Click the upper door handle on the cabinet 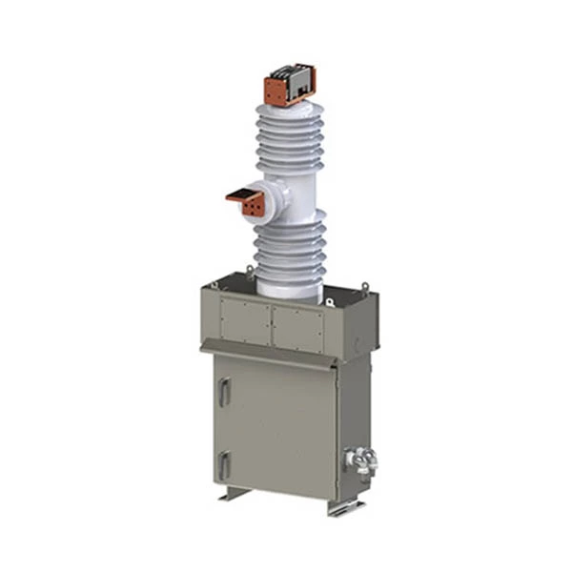point(223,391)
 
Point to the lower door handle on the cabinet point(223,464)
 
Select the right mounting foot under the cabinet point(343,507)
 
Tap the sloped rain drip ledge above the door point(272,356)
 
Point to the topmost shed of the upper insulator point(290,112)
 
